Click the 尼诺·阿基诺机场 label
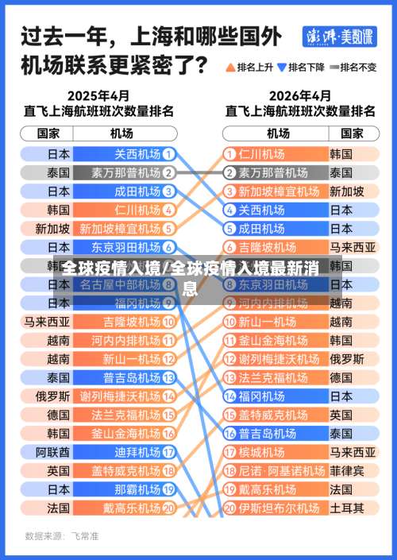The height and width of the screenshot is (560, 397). (278, 470)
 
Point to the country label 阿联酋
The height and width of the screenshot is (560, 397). (52, 451)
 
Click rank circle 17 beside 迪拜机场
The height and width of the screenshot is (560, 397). (168, 451)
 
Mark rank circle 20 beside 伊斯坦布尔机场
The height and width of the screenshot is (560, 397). (229, 507)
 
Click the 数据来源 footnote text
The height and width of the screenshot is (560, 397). (62, 536)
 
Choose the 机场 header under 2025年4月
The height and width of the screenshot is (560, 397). (121, 133)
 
